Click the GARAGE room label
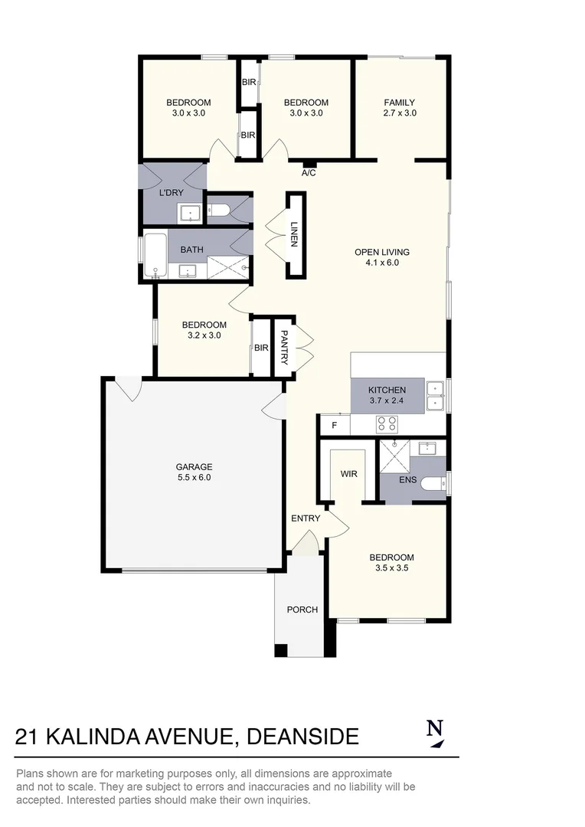(194, 466)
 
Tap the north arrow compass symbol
(435, 733)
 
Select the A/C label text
(309, 173)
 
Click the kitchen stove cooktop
(386, 424)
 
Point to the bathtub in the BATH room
(155, 256)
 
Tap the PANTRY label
(284, 347)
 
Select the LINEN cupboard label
(294, 235)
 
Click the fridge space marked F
(334, 425)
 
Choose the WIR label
(348, 474)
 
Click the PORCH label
(302, 610)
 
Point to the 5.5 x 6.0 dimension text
(194, 477)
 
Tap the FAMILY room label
(400, 103)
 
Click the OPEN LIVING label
(381, 252)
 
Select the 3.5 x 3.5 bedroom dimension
(391, 568)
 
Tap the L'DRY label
(171, 193)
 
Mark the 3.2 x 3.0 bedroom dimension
(203, 335)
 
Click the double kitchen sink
(435, 395)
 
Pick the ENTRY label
(306, 518)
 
